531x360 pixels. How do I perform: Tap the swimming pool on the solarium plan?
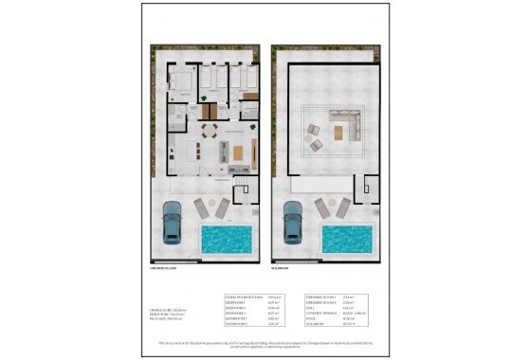[346, 239]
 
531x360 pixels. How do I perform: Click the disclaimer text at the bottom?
[265, 341]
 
